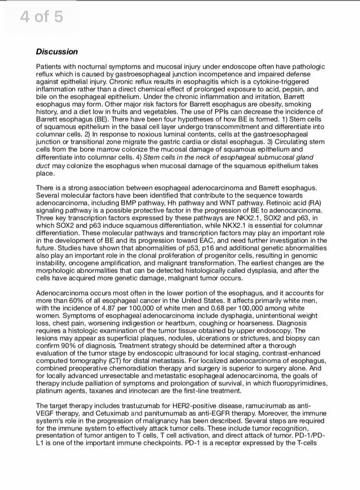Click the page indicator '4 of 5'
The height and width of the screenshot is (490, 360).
tap(42, 17)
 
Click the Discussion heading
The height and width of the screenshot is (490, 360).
tap(57, 52)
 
